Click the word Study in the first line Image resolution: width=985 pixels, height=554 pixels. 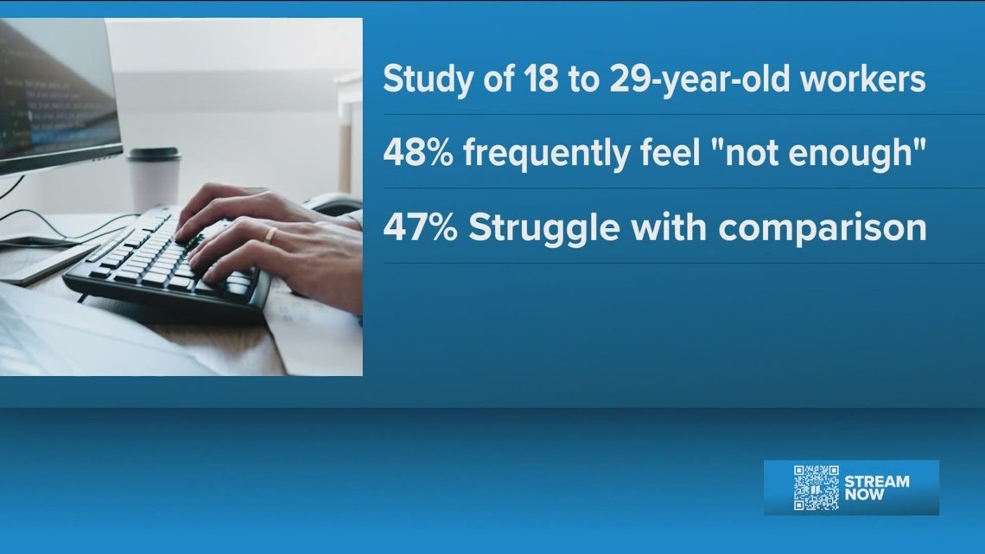[423, 80]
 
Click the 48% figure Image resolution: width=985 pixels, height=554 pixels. [417, 154]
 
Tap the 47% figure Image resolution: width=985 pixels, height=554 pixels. [417, 227]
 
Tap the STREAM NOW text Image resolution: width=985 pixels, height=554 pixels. [876, 487]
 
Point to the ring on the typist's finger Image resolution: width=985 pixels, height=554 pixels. [270, 234]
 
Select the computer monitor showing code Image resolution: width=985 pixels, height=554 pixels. [56, 95]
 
